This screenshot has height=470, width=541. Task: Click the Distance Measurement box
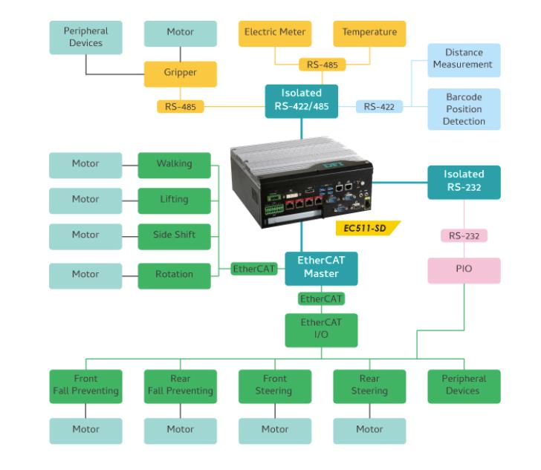(x=464, y=59)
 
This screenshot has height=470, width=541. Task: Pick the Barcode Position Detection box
(x=464, y=109)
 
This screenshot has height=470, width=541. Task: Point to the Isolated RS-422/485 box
(x=301, y=100)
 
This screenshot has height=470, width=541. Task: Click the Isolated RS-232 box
(x=464, y=181)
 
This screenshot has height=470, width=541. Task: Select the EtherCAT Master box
(x=321, y=268)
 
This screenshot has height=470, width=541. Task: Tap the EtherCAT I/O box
(x=321, y=330)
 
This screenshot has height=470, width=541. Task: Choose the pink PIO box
(x=464, y=268)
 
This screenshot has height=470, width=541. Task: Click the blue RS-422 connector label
(x=380, y=106)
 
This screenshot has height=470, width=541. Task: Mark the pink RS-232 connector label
(x=464, y=236)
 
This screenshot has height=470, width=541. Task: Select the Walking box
(x=174, y=164)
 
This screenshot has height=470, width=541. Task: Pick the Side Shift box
(x=174, y=235)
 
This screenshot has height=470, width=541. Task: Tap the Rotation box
(x=174, y=275)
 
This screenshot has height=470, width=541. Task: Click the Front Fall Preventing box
(x=85, y=385)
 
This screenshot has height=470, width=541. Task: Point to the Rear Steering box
(x=369, y=385)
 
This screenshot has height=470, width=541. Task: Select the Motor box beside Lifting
(x=85, y=200)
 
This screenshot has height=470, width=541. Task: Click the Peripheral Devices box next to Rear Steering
(x=464, y=385)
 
